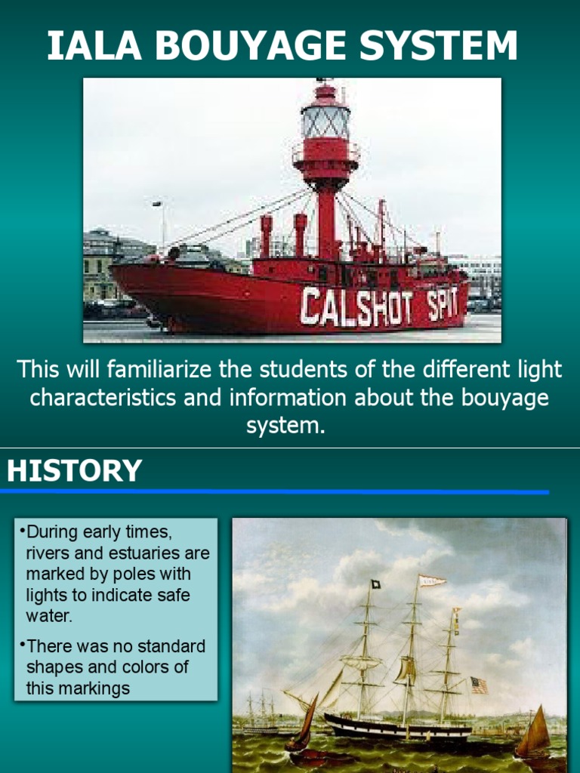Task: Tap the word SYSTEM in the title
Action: tap(440, 47)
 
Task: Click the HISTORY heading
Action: tap(74, 470)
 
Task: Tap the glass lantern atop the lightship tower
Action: tap(325, 122)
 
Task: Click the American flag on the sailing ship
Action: tap(479, 685)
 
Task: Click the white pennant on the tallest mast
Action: tap(433, 581)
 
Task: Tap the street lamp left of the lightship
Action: tap(158, 205)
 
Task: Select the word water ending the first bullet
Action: tap(50, 615)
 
